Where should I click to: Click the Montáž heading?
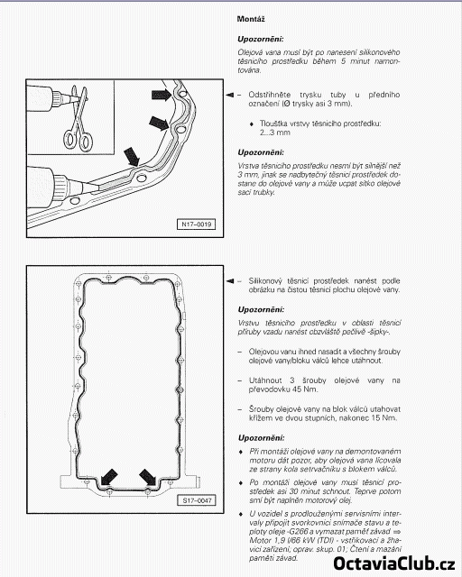(251, 19)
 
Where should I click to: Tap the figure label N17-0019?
(197, 224)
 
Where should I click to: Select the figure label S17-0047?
(197, 500)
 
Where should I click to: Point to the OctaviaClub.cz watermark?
(394, 563)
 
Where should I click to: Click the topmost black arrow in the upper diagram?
(162, 95)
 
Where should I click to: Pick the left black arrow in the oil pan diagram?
(109, 477)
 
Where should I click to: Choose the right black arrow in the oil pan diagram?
(148, 477)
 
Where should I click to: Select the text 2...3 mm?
(275, 133)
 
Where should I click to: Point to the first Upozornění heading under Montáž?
(261, 39)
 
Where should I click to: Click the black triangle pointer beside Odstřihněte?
(229, 95)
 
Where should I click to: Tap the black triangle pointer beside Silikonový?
(229, 281)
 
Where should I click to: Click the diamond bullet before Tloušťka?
(252, 124)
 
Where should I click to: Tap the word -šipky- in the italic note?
(377, 332)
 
